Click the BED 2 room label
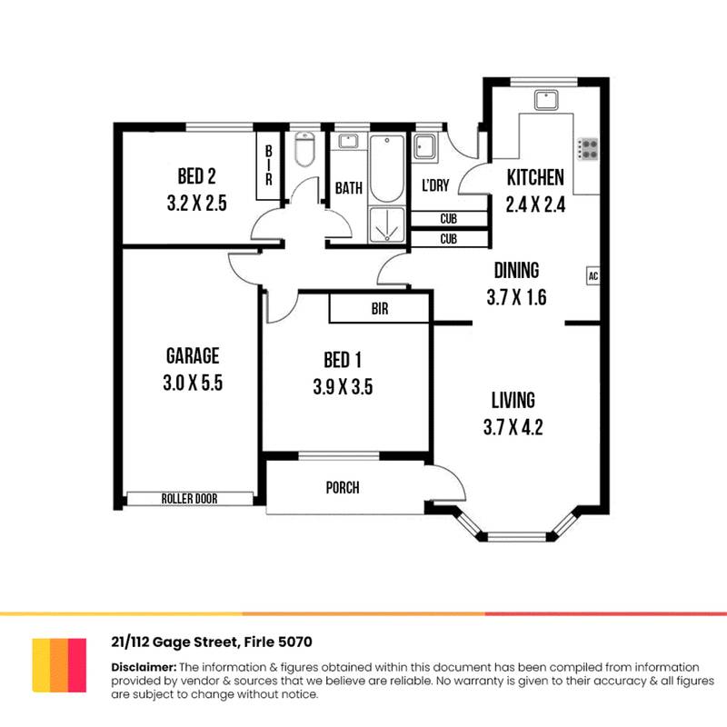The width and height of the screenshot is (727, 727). [x=196, y=176]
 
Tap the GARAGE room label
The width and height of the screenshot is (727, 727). [x=193, y=355]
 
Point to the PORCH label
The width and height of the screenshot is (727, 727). [x=343, y=488]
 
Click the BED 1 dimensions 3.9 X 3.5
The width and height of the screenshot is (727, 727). [x=343, y=387]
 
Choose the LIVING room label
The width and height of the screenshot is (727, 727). [x=513, y=399]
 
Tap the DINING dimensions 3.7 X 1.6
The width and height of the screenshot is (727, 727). [x=515, y=297]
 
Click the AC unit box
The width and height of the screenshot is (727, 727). [x=592, y=275]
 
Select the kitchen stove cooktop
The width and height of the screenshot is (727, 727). [x=588, y=148]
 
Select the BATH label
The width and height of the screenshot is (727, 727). [x=349, y=188]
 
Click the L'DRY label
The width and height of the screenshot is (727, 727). [x=435, y=185]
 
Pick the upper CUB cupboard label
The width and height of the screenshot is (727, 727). [x=448, y=219]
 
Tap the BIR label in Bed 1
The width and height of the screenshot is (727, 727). [x=380, y=309]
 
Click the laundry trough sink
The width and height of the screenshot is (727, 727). [x=425, y=148]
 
